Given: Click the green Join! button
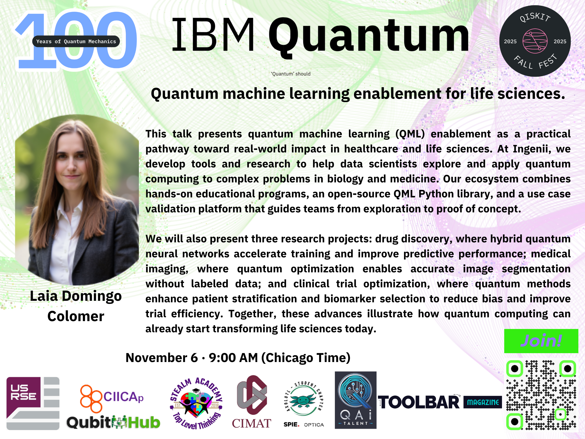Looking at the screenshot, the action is point(541,341).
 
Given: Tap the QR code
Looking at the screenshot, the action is point(541,395).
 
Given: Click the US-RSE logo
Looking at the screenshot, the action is point(33,403).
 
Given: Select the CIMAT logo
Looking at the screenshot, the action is point(252,402).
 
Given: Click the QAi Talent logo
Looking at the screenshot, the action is point(355,400).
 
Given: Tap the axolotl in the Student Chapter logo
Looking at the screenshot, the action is point(303,401).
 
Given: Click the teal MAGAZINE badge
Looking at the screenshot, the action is point(483,402).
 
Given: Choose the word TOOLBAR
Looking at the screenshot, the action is point(419,402).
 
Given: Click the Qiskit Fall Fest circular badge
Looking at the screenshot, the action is point(535,41).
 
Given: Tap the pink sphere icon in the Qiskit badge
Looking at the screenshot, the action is point(535,41).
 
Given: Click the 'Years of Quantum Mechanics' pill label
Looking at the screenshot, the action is point(76,41).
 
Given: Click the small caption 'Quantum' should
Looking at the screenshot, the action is point(291,74).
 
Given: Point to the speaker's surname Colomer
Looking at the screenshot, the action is point(76,316).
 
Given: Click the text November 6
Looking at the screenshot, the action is point(161,358).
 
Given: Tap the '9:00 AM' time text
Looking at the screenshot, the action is point(233,358).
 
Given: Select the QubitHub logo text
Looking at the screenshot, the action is point(113,422).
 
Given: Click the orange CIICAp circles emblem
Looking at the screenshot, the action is point(91,399).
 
